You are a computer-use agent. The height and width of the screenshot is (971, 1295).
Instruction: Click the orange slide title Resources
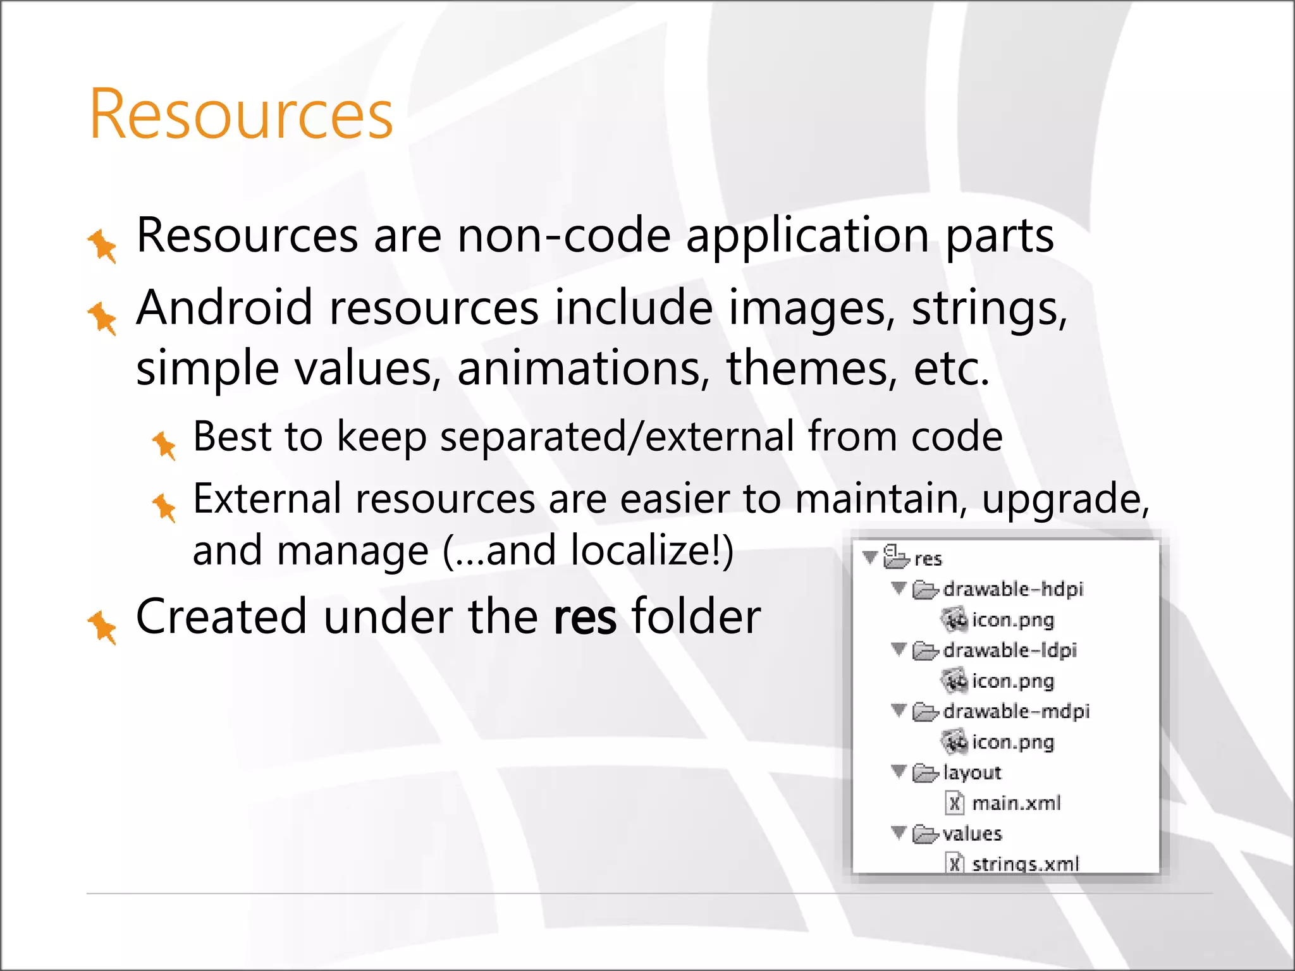241,114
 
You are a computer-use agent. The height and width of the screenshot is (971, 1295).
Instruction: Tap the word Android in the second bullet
224,308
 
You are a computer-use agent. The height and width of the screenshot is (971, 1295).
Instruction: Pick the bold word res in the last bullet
584,616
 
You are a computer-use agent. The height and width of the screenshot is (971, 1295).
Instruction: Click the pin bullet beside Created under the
102,626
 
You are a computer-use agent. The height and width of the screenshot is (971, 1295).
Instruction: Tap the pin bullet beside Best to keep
164,445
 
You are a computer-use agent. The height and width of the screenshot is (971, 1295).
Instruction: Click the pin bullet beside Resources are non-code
102,245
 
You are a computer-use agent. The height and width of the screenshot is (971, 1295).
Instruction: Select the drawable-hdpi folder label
1013,589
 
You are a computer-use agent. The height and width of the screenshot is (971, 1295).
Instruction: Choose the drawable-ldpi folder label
1009,650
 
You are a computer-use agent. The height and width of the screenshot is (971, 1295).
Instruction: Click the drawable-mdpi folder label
1016,712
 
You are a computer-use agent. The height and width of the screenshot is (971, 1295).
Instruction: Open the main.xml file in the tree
1016,803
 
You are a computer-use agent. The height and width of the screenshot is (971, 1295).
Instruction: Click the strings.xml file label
1025,864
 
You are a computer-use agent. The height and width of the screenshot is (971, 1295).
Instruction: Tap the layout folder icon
925,773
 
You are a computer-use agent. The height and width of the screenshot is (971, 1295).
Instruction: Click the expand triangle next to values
899,833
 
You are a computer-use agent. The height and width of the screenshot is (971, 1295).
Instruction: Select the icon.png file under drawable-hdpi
1012,620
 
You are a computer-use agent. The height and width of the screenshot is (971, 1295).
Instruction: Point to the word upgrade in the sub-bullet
1065,499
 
